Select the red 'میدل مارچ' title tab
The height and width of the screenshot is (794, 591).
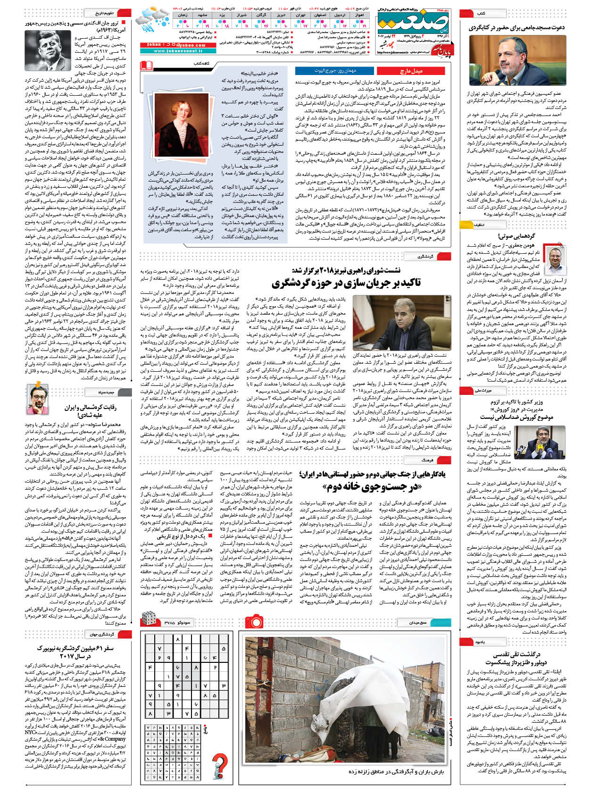410,71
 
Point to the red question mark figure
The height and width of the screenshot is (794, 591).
220,765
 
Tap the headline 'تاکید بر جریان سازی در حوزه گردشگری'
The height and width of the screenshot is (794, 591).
346,283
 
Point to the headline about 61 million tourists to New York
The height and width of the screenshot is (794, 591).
75,652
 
